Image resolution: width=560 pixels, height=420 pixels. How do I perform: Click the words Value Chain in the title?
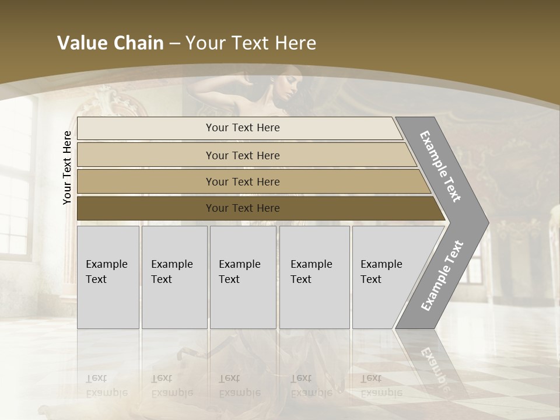tap(110, 43)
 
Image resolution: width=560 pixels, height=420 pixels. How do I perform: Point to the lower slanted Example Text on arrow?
tap(442, 276)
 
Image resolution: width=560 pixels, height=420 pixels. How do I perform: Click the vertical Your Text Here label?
tap(68, 167)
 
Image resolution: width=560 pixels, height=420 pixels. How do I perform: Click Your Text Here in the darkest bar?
tap(243, 208)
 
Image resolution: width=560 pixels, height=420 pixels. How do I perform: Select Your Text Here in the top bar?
tap(243, 128)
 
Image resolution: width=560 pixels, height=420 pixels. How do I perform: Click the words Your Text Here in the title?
tap(250, 43)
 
